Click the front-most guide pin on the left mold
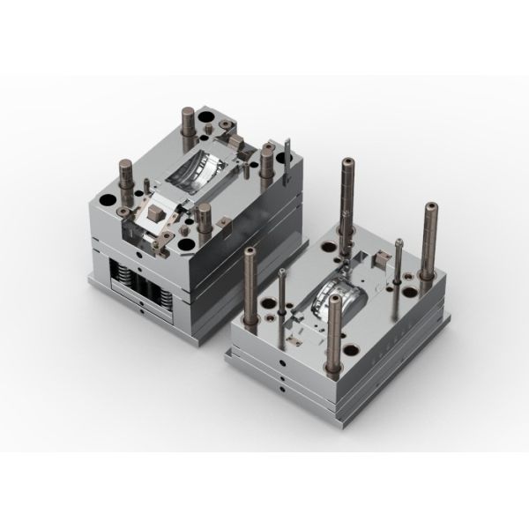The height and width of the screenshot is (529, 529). [205, 220]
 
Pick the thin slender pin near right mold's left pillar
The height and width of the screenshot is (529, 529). [281, 291]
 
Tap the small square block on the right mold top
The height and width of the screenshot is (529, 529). [382, 257]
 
